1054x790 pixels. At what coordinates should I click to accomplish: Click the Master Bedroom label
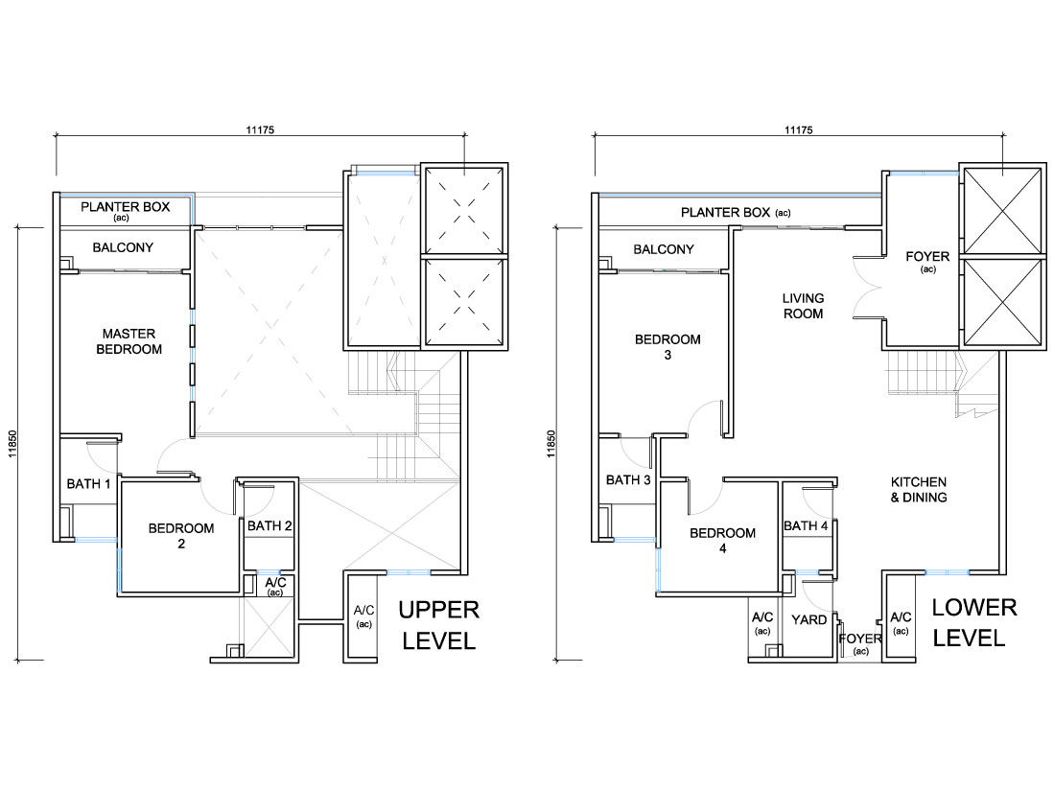[129, 341]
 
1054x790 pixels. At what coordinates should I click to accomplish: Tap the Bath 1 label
[89, 483]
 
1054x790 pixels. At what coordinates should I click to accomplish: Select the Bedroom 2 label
[181, 535]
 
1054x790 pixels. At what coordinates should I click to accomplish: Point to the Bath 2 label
[269, 526]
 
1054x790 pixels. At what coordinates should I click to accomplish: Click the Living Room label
[804, 306]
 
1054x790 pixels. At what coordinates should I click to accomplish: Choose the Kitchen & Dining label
[919, 490]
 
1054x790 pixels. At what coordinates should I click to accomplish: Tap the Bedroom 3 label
[668, 347]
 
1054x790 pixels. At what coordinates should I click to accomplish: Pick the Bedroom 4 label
[722, 540]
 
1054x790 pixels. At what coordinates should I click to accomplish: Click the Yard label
[809, 619]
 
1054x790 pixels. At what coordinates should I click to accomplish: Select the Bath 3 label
[628, 479]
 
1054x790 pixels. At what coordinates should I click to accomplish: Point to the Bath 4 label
[806, 526]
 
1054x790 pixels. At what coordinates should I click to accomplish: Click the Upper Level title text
[439, 625]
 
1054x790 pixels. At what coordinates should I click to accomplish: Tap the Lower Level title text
[974, 623]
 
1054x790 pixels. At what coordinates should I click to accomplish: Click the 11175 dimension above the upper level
[260, 130]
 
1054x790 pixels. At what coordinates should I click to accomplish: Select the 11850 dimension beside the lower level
[551, 444]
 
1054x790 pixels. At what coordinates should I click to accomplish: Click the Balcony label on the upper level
[123, 247]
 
